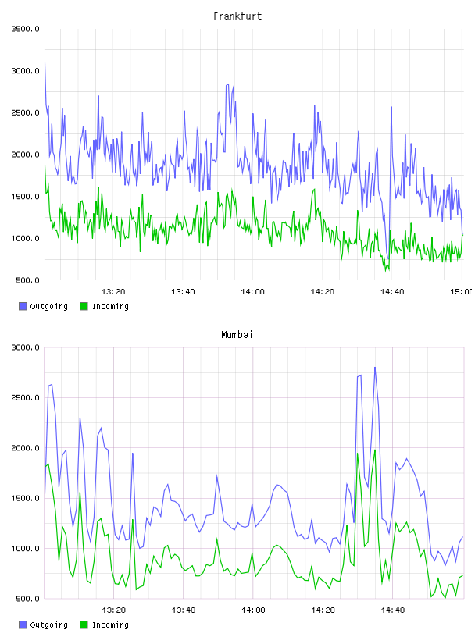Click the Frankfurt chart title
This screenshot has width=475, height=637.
point(237,16)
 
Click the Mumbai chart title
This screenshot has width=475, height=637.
point(237,335)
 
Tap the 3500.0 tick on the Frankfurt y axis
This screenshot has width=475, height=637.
point(25,29)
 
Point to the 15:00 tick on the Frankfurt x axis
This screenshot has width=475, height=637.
point(462,291)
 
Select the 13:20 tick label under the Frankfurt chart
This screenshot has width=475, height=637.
point(113,291)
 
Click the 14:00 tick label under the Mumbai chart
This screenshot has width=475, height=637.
point(253,610)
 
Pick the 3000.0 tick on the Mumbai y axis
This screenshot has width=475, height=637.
point(25,347)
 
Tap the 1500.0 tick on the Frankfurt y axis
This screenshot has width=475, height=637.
point(25,197)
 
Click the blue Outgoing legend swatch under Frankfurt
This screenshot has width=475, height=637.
point(23,306)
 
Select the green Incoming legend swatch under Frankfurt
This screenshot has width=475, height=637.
point(84,306)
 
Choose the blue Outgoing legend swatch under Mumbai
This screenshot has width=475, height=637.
point(23,625)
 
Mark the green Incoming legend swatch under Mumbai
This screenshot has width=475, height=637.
point(84,625)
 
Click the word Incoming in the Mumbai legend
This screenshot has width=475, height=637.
point(110,625)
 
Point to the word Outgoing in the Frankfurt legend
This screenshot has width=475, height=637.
point(48,307)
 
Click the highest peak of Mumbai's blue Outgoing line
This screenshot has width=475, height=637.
point(375,367)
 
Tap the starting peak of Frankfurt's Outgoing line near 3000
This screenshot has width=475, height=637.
point(45,63)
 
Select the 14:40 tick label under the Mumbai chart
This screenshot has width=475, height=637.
point(393,610)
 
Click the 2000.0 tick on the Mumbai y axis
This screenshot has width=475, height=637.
point(25,447)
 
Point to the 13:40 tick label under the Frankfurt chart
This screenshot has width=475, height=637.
point(183,291)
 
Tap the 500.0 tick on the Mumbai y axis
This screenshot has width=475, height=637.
point(27,599)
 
